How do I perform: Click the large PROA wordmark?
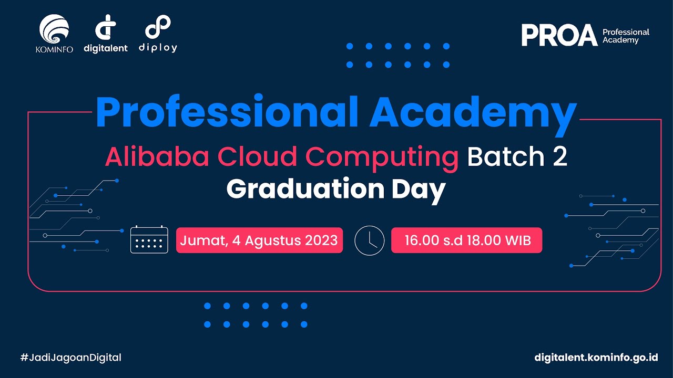tap(559, 36)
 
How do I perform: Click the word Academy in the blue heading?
tap(473, 113)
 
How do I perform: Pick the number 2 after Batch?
tap(560, 156)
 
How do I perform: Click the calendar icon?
tap(149, 240)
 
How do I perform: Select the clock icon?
tap(370, 240)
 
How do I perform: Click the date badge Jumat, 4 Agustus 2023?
tap(259, 240)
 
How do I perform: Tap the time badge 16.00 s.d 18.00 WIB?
tap(467, 240)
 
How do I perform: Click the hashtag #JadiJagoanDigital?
tap(71, 358)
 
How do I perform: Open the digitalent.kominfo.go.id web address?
tap(596, 358)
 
